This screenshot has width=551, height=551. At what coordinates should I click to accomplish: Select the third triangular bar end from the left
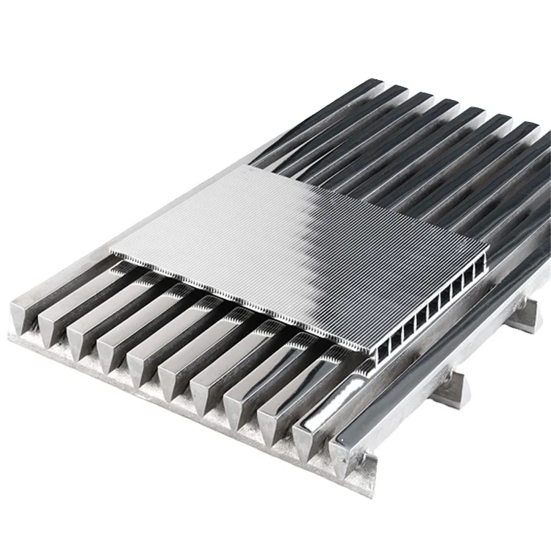tap(81, 339)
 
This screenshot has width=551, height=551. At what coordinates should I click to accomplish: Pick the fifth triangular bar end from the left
tap(142, 365)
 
